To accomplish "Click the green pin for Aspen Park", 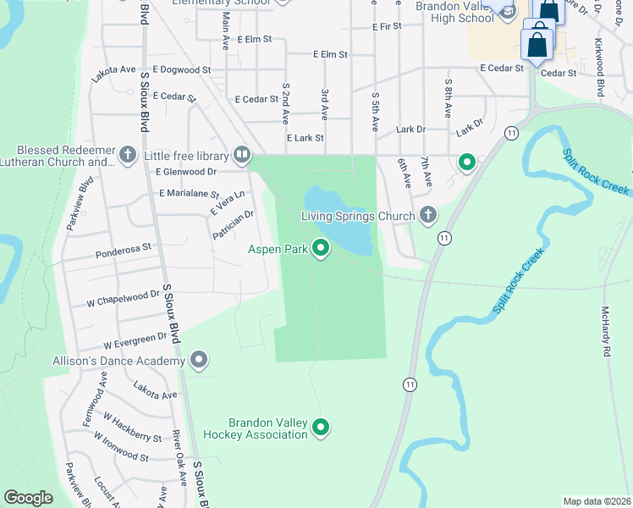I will [x=321, y=248].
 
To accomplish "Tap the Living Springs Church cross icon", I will [x=427, y=216].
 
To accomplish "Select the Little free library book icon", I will [x=241, y=155].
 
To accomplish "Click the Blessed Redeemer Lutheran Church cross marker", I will [x=127, y=155].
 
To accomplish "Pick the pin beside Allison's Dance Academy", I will [x=199, y=362].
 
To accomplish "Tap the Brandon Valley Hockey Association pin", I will [x=321, y=428].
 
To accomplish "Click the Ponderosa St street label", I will [x=124, y=249].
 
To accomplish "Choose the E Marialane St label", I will [x=189, y=194].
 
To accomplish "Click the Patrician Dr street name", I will [x=234, y=225].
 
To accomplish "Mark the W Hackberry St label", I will [x=132, y=428].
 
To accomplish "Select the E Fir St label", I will [x=391, y=27].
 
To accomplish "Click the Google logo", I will [x=29, y=498].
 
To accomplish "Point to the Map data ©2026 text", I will [x=596, y=501].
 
